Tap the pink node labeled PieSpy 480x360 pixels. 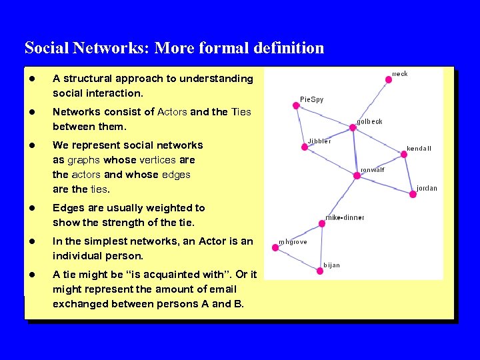coord(296,105)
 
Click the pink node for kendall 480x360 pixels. coord(404,155)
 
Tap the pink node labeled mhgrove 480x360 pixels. coord(275,248)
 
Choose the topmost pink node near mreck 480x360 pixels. coord(389,79)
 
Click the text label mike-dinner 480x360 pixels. coord(345,217)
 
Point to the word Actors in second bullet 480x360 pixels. coord(172,112)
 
